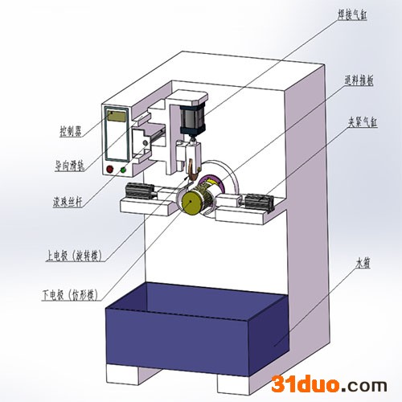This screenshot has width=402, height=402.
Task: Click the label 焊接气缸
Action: (352, 14)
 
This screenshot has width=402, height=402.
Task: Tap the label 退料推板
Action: (359, 80)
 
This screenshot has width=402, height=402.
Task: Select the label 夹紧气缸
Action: (363, 122)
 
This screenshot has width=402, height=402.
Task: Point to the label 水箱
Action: (363, 263)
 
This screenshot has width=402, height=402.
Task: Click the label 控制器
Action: (71, 131)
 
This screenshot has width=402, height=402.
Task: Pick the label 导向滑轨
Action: (70, 166)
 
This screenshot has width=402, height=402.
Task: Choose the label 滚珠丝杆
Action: (68, 201)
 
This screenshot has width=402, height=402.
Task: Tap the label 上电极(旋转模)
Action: (74, 256)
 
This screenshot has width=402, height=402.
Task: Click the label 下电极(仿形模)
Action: (70, 295)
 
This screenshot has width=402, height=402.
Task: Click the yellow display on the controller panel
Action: (117, 117)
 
